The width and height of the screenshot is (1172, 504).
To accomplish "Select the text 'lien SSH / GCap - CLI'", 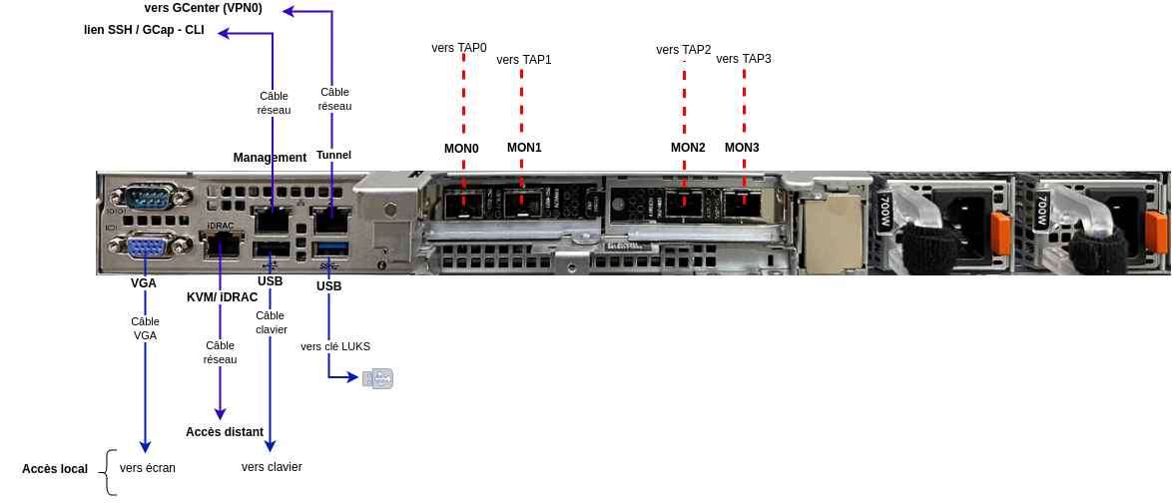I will (144, 30).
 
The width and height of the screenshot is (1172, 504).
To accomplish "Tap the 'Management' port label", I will (270, 158).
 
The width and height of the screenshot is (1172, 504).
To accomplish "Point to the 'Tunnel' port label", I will (333, 155).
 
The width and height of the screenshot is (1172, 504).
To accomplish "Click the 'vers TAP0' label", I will (459, 47).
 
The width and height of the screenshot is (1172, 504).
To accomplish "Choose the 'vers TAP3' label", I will (744, 59).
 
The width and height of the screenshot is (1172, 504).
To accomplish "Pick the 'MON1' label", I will (524, 148).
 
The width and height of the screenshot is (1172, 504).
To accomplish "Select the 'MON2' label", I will (688, 148).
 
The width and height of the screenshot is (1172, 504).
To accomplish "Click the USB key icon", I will (377, 378).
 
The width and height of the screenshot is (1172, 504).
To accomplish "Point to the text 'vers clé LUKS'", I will (335, 346).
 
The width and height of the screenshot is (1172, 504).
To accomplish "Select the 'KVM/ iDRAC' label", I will (223, 297).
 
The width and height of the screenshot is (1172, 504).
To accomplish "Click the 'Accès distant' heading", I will (225, 432).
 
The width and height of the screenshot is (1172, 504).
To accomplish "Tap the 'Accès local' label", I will (55, 469).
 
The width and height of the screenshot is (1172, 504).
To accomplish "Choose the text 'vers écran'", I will (148, 467).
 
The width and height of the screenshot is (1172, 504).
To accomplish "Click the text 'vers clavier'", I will (272, 467).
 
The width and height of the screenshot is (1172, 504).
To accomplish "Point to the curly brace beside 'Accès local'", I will (111, 472).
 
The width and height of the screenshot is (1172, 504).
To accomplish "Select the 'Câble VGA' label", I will (146, 328).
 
